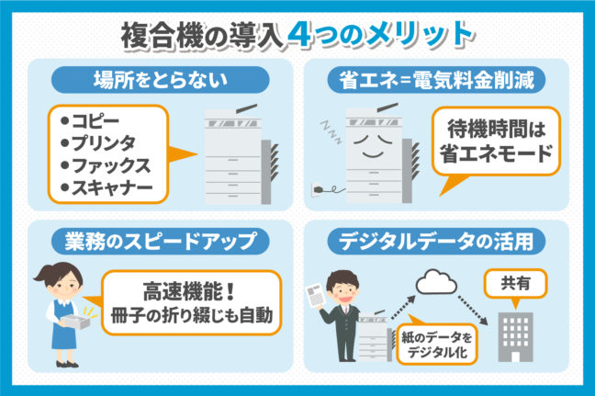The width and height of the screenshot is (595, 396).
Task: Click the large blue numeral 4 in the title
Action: [298, 34]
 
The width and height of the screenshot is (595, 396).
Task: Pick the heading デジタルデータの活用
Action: [439, 241]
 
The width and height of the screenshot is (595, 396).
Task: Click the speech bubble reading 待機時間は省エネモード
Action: [496, 142]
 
